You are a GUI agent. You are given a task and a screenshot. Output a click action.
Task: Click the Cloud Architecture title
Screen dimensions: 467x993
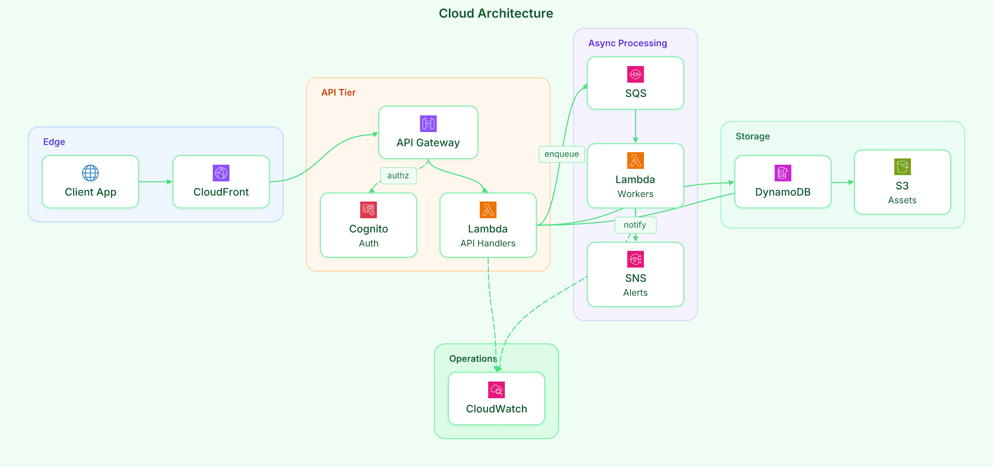pos(496,14)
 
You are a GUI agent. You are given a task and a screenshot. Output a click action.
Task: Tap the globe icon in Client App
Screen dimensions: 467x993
pos(90,173)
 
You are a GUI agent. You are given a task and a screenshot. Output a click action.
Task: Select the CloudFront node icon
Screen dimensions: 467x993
pos(221,173)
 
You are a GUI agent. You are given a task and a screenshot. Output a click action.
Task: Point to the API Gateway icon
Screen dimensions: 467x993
pos(428,124)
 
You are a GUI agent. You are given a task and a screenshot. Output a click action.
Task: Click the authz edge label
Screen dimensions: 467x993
pos(398,176)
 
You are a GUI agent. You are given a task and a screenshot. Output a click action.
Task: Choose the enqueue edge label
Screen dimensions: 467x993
pos(561,154)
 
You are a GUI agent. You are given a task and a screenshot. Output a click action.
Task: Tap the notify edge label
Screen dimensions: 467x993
pos(635,225)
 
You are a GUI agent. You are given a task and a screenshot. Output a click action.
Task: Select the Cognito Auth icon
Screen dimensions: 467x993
pos(368,210)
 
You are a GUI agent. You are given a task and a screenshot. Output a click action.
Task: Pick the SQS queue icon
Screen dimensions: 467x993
pos(635,74)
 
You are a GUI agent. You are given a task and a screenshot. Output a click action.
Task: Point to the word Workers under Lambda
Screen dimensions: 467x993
pos(635,194)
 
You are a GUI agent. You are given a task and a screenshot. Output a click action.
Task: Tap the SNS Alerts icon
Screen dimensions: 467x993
pos(635,259)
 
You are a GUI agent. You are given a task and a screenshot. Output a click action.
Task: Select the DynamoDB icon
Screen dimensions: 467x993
pos(783,173)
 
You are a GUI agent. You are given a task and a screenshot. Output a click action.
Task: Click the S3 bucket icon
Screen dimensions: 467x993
pos(902,167)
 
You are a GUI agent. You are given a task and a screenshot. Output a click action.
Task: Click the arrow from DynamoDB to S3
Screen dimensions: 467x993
pos(842,182)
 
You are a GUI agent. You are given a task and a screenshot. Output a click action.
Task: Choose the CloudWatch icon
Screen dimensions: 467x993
pos(496,390)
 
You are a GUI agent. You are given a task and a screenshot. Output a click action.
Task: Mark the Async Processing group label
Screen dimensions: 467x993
pos(627,43)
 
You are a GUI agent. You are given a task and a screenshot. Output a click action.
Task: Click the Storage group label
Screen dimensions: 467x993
pos(752,137)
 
